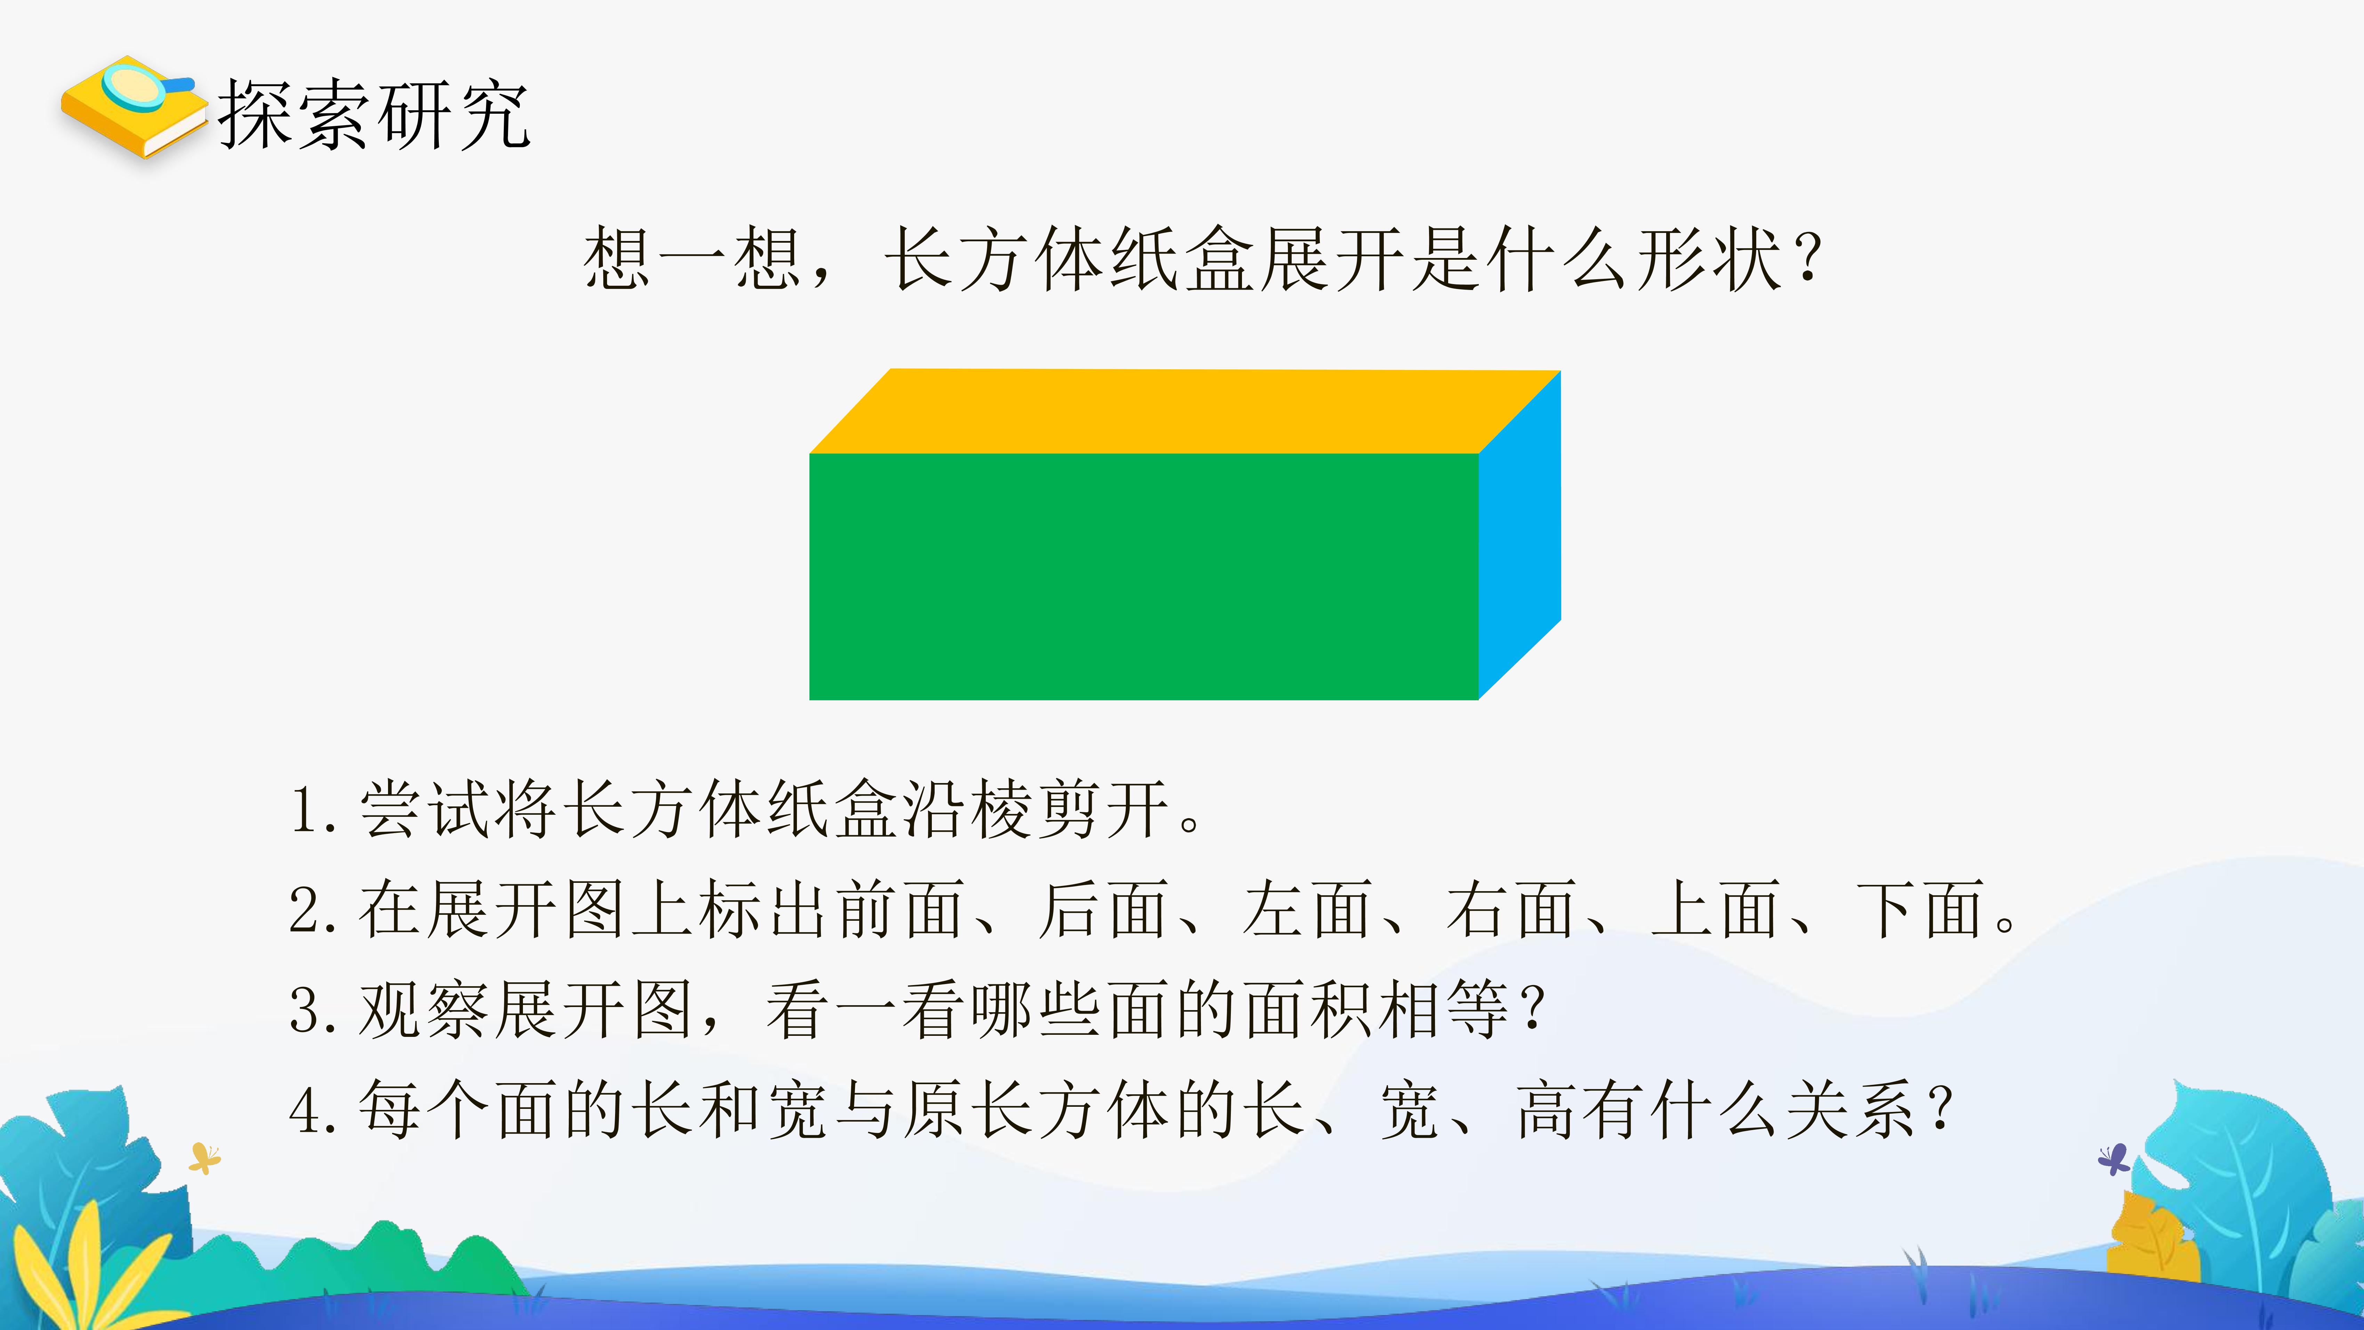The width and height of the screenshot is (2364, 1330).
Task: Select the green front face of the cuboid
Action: point(1144,577)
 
